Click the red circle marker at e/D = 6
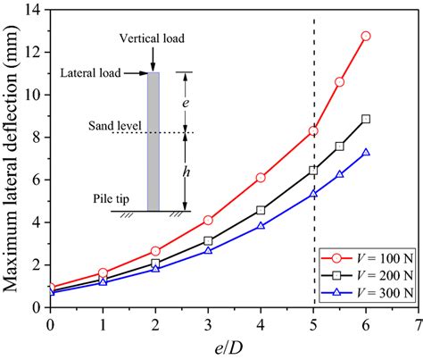coord(366,36)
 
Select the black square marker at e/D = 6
coord(366,119)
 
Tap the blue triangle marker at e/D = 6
coord(366,153)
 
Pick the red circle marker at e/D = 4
coord(261,178)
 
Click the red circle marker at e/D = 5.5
coord(340,82)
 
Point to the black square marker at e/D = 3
coord(208,240)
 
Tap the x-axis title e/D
coord(234,346)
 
